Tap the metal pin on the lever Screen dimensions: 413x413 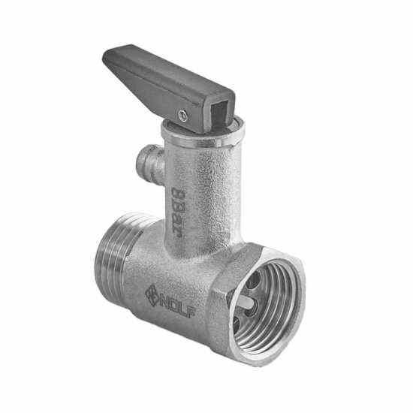182,115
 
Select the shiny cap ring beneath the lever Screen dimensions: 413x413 203,134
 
